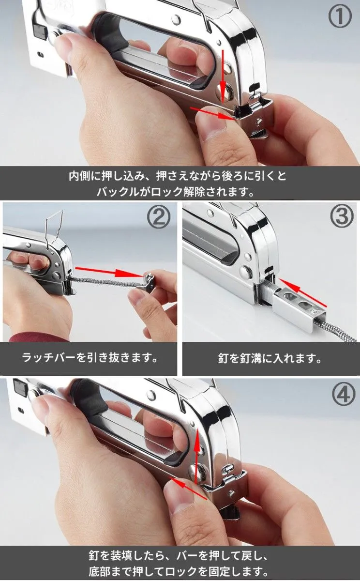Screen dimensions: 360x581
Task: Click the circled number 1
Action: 340,16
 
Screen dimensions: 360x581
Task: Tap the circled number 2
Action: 159,217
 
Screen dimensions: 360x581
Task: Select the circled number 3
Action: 342,217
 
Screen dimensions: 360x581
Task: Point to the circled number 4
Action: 343,395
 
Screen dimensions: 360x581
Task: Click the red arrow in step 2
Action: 109,272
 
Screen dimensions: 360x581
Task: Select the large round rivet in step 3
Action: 245,272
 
